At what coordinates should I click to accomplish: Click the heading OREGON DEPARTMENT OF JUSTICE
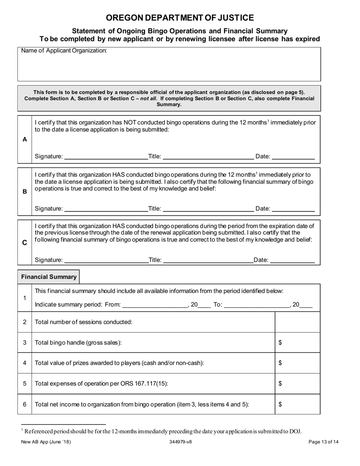pyautogui.click(x=180, y=18)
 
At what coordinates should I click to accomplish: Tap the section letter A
pyautogui.click(x=25, y=139)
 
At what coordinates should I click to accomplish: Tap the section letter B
pyautogui.click(x=25, y=192)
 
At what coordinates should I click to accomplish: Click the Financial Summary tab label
pyautogui.click(x=49, y=277)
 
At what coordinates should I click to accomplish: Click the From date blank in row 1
pyautogui.click(x=155, y=304)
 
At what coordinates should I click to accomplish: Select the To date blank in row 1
pyautogui.click(x=257, y=304)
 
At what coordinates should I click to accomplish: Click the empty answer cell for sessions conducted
pyautogui.click(x=297, y=322)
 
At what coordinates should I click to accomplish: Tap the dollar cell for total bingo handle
pyautogui.click(x=297, y=342)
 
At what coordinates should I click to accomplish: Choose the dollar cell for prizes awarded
pyautogui.click(x=297, y=363)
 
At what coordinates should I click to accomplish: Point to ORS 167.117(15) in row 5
pyautogui.click(x=146, y=383)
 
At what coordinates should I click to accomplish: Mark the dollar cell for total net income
pyautogui.click(x=297, y=404)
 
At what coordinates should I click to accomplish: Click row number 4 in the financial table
pyautogui.click(x=25, y=363)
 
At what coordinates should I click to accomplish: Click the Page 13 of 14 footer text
pyautogui.click(x=323, y=442)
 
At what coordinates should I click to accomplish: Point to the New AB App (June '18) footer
pyautogui.click(x=46, y=442)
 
